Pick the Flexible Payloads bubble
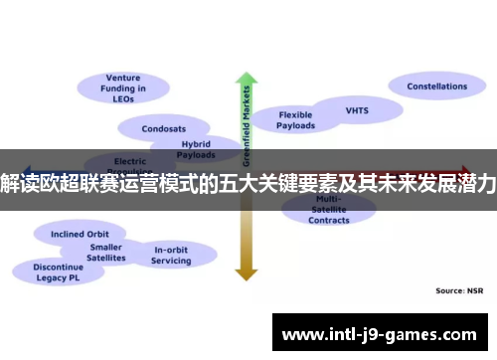point(295,119)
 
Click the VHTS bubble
point(357,110)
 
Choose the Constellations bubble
point(436,87)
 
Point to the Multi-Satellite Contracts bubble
point(328,210)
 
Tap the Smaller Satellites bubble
point(106,252)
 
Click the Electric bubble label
point(130,161)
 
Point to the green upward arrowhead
point(246,80)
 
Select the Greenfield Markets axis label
point(246,124)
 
